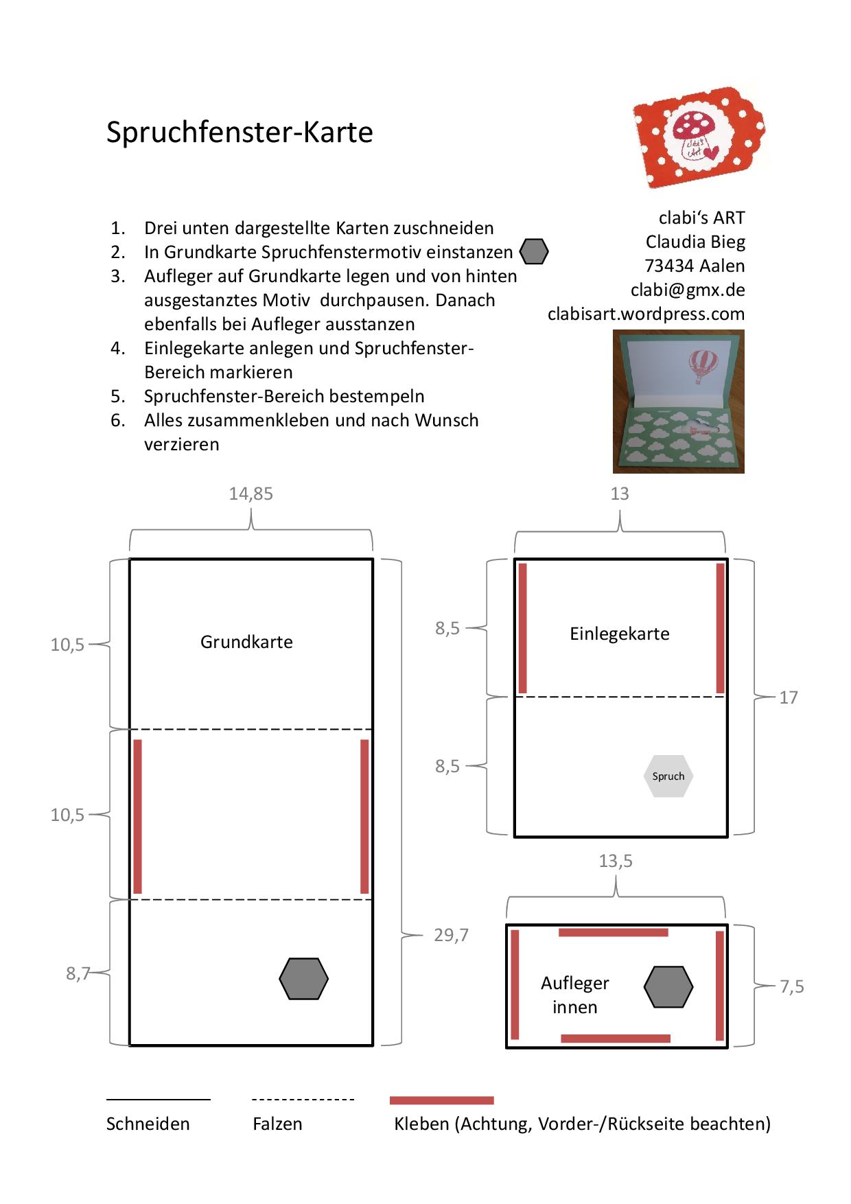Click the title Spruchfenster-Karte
[240, 132]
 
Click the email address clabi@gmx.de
[688, 290]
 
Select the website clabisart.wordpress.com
[646, 314]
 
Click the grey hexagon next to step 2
[534, 252]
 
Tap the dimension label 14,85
[250, 494]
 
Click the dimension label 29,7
[451, 935]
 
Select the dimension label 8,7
[78, 973]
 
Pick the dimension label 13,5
[616, 861]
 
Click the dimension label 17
[788, 697]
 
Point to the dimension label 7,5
[791, 986]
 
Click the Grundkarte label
[246, 642]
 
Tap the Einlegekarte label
[620, 634]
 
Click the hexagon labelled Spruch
[668, 776]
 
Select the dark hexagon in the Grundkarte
[304, 979]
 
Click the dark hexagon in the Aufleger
[668, 987]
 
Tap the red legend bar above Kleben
[441, 1100]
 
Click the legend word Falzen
[277, 1124]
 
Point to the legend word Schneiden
[148, 1124]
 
